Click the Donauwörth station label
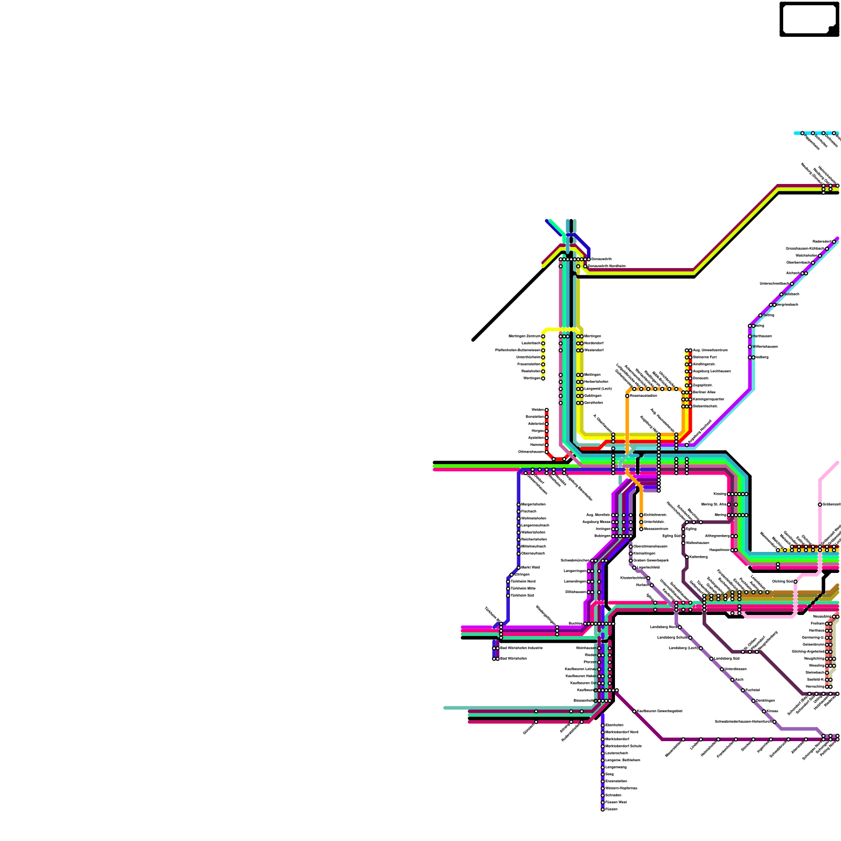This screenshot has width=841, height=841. [601, 259]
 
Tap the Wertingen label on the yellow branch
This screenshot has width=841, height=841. [532, 378]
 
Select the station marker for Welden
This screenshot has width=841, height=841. [547, 410]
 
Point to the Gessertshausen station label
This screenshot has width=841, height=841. [531, 452]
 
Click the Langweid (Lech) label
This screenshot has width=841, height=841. [598, 389]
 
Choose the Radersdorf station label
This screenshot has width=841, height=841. [822, 242]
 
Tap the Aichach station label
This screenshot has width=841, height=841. [793, 273]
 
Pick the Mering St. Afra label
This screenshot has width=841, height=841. [714, 505]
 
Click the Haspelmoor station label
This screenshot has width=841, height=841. [720, 550]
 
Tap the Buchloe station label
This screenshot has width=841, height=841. [576, 623]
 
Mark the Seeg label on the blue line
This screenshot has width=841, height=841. [610, 774]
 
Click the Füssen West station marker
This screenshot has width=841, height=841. [603, 803]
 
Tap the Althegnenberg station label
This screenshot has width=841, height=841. [717, 536]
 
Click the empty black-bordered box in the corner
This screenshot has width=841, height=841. [808, 19]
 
